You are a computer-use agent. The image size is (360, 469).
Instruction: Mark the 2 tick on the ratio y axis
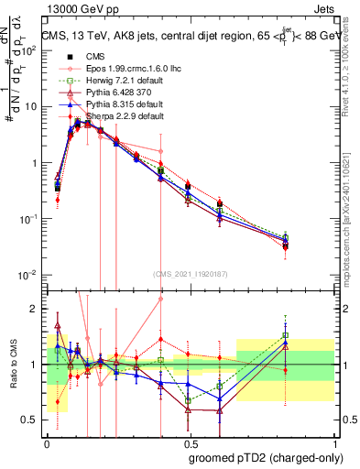point(33,309)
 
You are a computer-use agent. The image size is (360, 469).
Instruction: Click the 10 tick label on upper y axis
point(30,107)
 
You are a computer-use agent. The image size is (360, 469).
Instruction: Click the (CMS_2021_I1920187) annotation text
point(189,274)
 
